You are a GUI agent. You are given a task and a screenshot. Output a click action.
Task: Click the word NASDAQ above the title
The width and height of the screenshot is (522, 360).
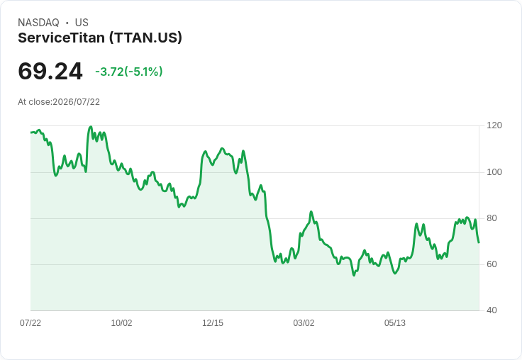38,23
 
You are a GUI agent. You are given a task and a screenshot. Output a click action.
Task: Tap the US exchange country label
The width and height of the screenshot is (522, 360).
82,23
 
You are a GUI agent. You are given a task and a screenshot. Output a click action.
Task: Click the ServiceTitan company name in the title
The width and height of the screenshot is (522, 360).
61,38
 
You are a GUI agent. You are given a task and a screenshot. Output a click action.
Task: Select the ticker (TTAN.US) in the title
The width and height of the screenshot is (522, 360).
145,38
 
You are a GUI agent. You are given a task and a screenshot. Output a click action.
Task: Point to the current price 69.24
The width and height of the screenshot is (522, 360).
50,71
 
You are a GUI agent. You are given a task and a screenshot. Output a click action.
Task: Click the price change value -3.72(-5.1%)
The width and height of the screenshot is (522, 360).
129,72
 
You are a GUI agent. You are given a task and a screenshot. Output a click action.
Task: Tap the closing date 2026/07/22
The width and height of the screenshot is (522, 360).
76,102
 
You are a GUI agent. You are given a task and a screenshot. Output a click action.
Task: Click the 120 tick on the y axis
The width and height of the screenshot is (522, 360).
494,125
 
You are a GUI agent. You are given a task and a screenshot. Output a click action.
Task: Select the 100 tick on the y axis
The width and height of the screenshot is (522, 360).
494,172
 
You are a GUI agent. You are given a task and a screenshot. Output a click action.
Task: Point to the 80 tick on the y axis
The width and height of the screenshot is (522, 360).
492,218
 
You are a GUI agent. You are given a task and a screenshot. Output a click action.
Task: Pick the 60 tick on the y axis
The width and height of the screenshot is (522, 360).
492,264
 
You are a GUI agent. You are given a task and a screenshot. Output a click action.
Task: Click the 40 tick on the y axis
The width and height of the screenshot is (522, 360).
492,310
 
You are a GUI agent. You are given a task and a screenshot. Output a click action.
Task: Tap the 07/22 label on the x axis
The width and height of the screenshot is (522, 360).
30,322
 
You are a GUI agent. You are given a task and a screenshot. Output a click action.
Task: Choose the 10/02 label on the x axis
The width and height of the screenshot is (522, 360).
121,322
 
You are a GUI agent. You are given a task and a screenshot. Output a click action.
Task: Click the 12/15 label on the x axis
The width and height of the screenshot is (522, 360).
213,322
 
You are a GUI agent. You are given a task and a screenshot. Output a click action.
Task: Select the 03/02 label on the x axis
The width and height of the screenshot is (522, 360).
304,322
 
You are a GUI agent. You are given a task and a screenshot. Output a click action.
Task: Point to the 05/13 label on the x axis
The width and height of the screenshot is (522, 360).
395,322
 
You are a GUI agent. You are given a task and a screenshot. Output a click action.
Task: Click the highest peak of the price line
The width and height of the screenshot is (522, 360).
91,127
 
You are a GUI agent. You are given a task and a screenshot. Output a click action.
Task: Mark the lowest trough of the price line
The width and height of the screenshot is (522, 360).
353,275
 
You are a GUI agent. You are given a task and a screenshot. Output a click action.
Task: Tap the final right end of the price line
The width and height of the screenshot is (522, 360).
479,242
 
